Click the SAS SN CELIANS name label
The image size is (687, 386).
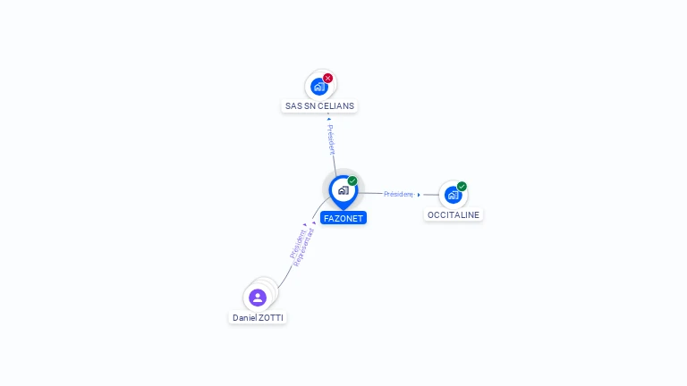[319, 106]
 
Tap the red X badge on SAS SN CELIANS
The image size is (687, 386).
[327, 79]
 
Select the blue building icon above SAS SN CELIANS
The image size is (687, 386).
[319, 87]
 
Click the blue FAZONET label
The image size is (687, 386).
[343, 218]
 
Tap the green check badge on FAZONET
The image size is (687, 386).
[352, 180]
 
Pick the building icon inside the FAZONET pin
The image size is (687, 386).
[343, 190]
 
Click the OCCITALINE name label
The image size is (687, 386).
[454, 214]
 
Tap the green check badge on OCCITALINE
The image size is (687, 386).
[462, 187]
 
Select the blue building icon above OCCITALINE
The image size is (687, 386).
[453, 195]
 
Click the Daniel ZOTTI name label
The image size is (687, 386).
[258, 318]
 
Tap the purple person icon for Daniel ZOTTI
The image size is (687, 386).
[258, 298]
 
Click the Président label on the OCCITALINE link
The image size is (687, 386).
[398, 194]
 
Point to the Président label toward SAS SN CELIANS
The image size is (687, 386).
[331, 139]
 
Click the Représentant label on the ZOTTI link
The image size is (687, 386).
[303, 248]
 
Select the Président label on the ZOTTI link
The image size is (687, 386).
[298, 244]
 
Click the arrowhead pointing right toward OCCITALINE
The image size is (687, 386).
[419, 195]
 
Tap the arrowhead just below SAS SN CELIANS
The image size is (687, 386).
[329, 119]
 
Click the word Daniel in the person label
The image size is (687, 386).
[244, 318]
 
